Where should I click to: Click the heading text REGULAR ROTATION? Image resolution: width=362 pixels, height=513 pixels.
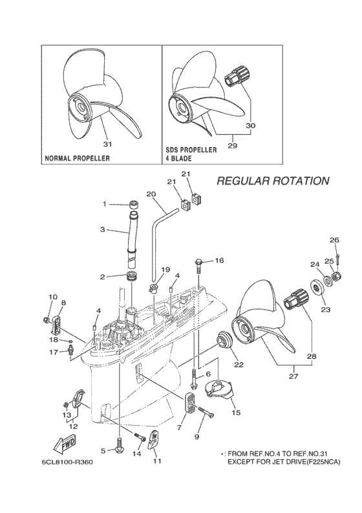point(272,181)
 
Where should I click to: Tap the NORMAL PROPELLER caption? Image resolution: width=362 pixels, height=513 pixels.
point(76,158)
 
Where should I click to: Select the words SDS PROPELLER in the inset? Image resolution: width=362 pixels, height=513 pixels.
point(191,150)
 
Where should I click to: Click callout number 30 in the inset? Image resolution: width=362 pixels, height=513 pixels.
point(251,124)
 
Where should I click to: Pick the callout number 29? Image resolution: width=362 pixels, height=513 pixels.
point(232,146)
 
